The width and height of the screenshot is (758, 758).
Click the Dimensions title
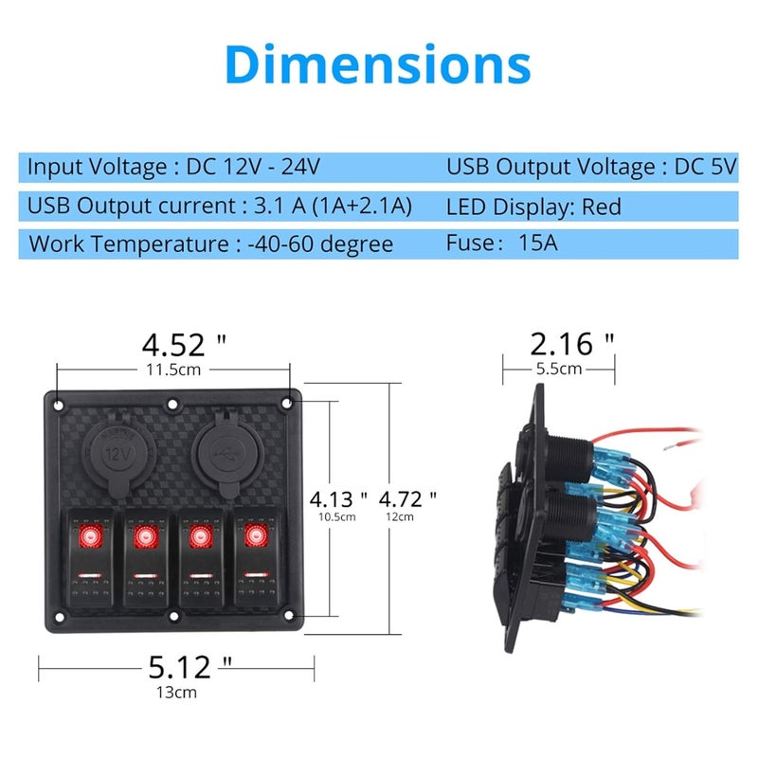[378, 64]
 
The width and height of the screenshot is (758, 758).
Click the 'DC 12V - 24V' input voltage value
[253, 168]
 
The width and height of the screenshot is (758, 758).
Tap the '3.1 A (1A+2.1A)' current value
[328, 206]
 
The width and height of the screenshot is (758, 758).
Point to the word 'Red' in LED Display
[602, 206]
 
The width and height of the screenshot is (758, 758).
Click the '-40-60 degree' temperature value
[320, 244]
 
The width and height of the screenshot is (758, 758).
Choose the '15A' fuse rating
[539, 244]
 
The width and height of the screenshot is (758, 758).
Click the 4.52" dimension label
[185, 343]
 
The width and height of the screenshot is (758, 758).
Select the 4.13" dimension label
[338, 498]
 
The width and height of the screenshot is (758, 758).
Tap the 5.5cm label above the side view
[559, 369]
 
